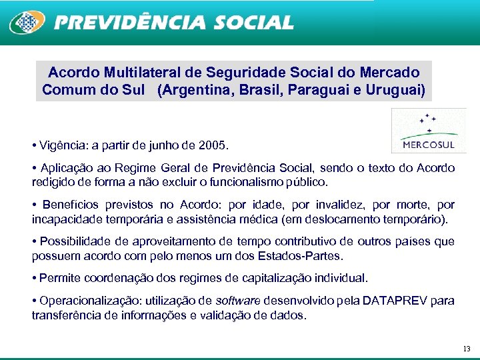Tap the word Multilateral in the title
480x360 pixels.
[x=143, y=72]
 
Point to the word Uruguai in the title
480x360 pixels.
[x=395, y=89]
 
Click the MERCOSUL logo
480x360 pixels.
[x=429, y=132]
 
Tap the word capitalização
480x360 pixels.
[x=258, y=277]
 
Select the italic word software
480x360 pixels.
[x=239, y=301]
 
